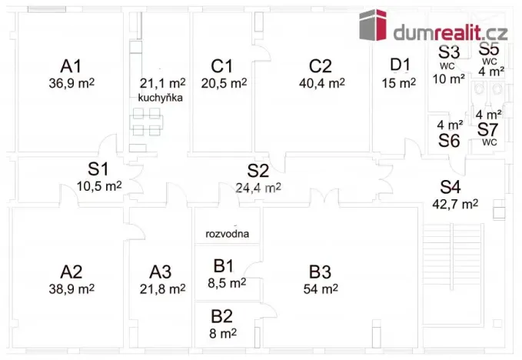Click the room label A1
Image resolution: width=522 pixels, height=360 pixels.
click(71, 66)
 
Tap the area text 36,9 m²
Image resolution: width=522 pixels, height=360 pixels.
click(71, 83)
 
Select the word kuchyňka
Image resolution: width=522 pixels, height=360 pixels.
click(161, 98)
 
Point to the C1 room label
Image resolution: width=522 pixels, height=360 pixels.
click(221, 66)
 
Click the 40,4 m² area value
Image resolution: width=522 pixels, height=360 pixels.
click(322, 83)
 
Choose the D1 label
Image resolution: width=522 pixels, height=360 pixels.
click(400, 65)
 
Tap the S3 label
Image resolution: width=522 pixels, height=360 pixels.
click(449, 52)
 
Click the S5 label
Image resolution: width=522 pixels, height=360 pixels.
click(489, 49)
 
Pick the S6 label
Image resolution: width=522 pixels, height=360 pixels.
click(449, 141)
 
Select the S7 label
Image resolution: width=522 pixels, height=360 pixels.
click(487, 129)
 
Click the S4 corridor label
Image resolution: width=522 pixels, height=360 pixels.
click(451, 187)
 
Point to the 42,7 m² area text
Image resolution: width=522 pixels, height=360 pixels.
click(455, 204)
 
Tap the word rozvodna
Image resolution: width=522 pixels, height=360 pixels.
click(227, 234)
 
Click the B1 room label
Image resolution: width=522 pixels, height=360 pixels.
click(224, 266)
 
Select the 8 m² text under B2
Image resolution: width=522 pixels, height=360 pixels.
click(223, 333)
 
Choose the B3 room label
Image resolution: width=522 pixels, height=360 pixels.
click(320, 272)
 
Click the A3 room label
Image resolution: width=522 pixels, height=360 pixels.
click(160, 272)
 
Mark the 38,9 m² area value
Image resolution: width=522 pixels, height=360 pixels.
click(71, 288)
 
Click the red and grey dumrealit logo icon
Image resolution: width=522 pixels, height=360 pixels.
click(373, 25)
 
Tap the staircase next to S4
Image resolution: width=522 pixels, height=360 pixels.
click(452, 274)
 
